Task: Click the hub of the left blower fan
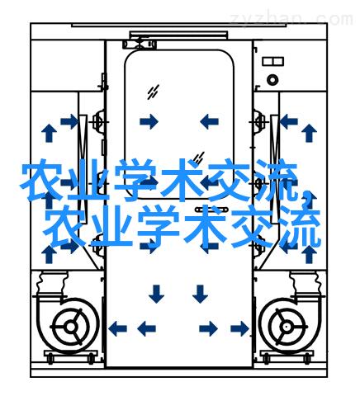pos(71,327)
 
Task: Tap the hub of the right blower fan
pos(287,327)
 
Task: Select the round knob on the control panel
pos(272,80)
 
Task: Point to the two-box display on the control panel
pos(272,61)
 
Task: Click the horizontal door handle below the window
pos(211,210)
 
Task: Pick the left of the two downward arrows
pos(156,294)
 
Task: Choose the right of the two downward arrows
pos(200,294)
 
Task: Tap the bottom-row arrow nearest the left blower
pos(117,328)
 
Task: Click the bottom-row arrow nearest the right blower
pos(239,328)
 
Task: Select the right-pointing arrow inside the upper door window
pos(149,121)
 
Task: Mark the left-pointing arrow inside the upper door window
pos(209,121)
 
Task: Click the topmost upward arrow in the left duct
pos(49,133)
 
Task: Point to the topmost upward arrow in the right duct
pos(309,133)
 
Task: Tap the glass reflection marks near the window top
pos(153,92)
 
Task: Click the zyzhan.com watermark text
pos(291,19)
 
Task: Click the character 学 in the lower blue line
pos(158,226)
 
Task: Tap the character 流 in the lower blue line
pos(300,226)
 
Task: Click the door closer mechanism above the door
pos(140,44)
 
